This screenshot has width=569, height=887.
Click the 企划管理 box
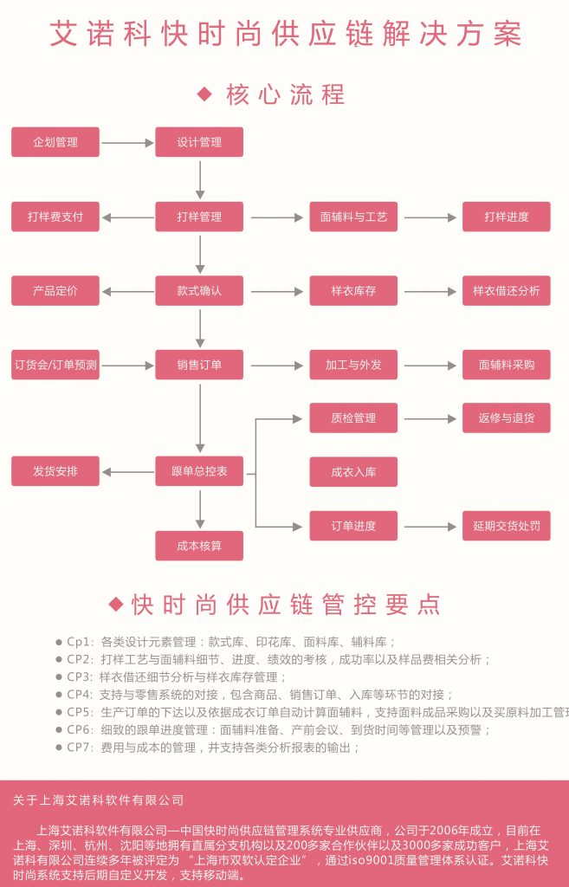55,142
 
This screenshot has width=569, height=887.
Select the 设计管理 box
199,142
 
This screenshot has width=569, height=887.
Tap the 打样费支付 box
55,217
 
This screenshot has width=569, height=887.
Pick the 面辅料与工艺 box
353,217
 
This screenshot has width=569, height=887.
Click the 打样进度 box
507,217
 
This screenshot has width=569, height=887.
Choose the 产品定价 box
55,291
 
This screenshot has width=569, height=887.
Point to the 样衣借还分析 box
507,291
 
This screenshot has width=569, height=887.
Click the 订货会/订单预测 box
55,365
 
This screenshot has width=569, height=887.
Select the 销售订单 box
199,365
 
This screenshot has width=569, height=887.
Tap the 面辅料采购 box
507,365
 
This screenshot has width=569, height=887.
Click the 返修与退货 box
507,418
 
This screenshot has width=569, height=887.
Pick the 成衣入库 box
353,472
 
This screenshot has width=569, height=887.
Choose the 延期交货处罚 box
507,526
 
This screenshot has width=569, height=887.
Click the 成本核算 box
199,546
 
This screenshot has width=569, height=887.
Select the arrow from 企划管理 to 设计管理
127,143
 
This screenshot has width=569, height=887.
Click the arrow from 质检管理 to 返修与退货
430,418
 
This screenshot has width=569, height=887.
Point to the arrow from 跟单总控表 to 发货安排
127,472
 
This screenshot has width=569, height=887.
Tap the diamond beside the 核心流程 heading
204,94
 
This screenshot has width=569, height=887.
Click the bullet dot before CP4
59,695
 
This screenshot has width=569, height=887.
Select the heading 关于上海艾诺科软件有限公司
99,800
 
